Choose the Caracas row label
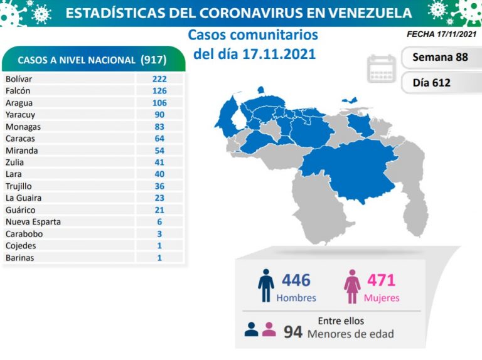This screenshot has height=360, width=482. (20, 139)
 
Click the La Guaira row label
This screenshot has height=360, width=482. (23, 198)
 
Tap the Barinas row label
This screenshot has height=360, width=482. (19, 258)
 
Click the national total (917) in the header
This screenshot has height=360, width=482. (153, 60)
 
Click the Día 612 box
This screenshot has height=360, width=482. (432, 82)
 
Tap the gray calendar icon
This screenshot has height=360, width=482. (382, 69)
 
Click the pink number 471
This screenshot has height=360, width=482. (382, 280)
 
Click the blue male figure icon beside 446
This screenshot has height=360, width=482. (266, 286)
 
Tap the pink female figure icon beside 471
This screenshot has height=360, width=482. (351, 287)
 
